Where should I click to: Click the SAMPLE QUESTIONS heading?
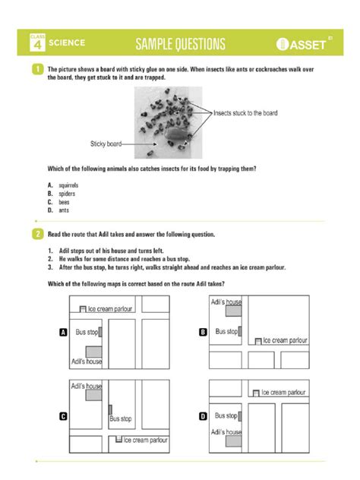click(180, 43)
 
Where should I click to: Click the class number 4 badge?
click(36, 45)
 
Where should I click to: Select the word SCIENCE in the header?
click(67, 43)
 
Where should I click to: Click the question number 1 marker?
click(36, 69)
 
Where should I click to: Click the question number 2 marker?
click(36, 234)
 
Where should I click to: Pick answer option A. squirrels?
click(64, 185)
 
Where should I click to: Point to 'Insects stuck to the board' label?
click(245, 113)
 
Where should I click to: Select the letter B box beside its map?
click(203, 332)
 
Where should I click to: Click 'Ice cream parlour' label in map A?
click(112, 309)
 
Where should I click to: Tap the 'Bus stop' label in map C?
click(121, 418)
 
